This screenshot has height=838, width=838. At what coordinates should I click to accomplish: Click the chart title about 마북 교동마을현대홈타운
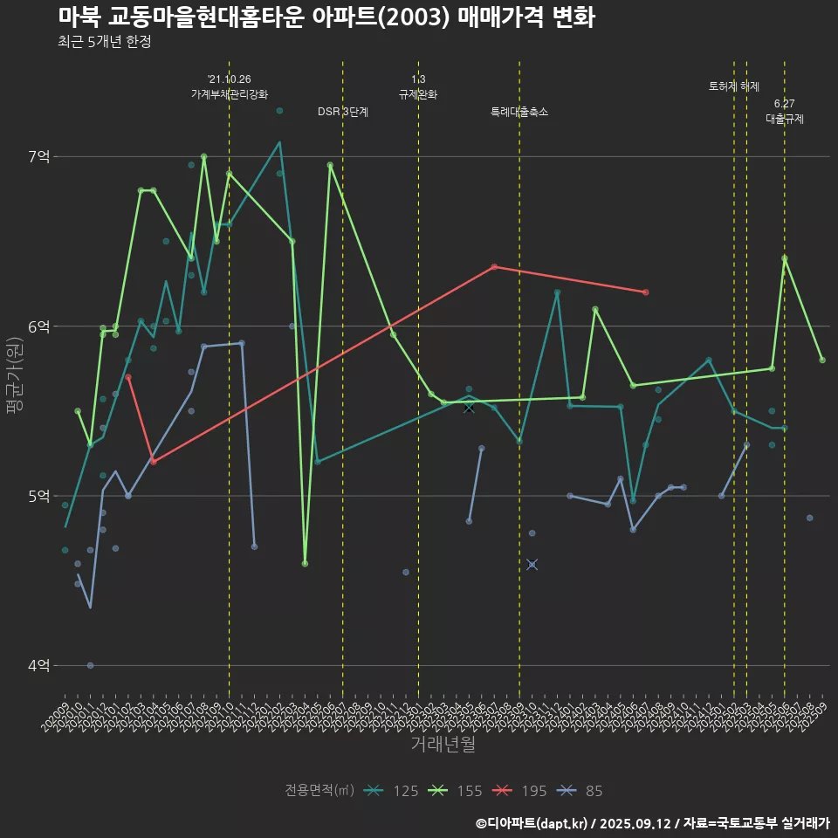(326, 17)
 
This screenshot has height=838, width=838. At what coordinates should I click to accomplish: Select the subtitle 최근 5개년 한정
(105, 42)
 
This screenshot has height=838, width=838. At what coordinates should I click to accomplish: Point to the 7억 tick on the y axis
(38, 157)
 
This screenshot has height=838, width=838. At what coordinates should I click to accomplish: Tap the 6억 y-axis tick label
(38, 326)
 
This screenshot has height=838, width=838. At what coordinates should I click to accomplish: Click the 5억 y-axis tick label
(38, 496)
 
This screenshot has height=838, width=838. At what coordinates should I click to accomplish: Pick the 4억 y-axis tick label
(38, 665)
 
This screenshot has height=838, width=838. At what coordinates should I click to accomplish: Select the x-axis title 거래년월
(443, 745)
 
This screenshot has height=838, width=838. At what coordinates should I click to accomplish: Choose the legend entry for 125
(390, 791)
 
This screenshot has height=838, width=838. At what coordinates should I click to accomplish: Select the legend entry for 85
(580, 791)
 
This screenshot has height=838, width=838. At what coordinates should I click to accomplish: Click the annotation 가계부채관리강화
(230, 94)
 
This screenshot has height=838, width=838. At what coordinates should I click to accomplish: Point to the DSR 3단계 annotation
(343, 112)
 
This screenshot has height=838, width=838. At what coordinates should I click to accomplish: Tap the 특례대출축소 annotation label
(519, 112)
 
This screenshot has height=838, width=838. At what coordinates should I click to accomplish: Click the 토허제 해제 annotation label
(734, 86)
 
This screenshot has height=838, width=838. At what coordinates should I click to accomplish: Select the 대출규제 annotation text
(785, 119)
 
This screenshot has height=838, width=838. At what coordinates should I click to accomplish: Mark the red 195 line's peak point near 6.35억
(494, 266)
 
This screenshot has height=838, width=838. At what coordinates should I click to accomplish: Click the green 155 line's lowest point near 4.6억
(305, 564)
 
